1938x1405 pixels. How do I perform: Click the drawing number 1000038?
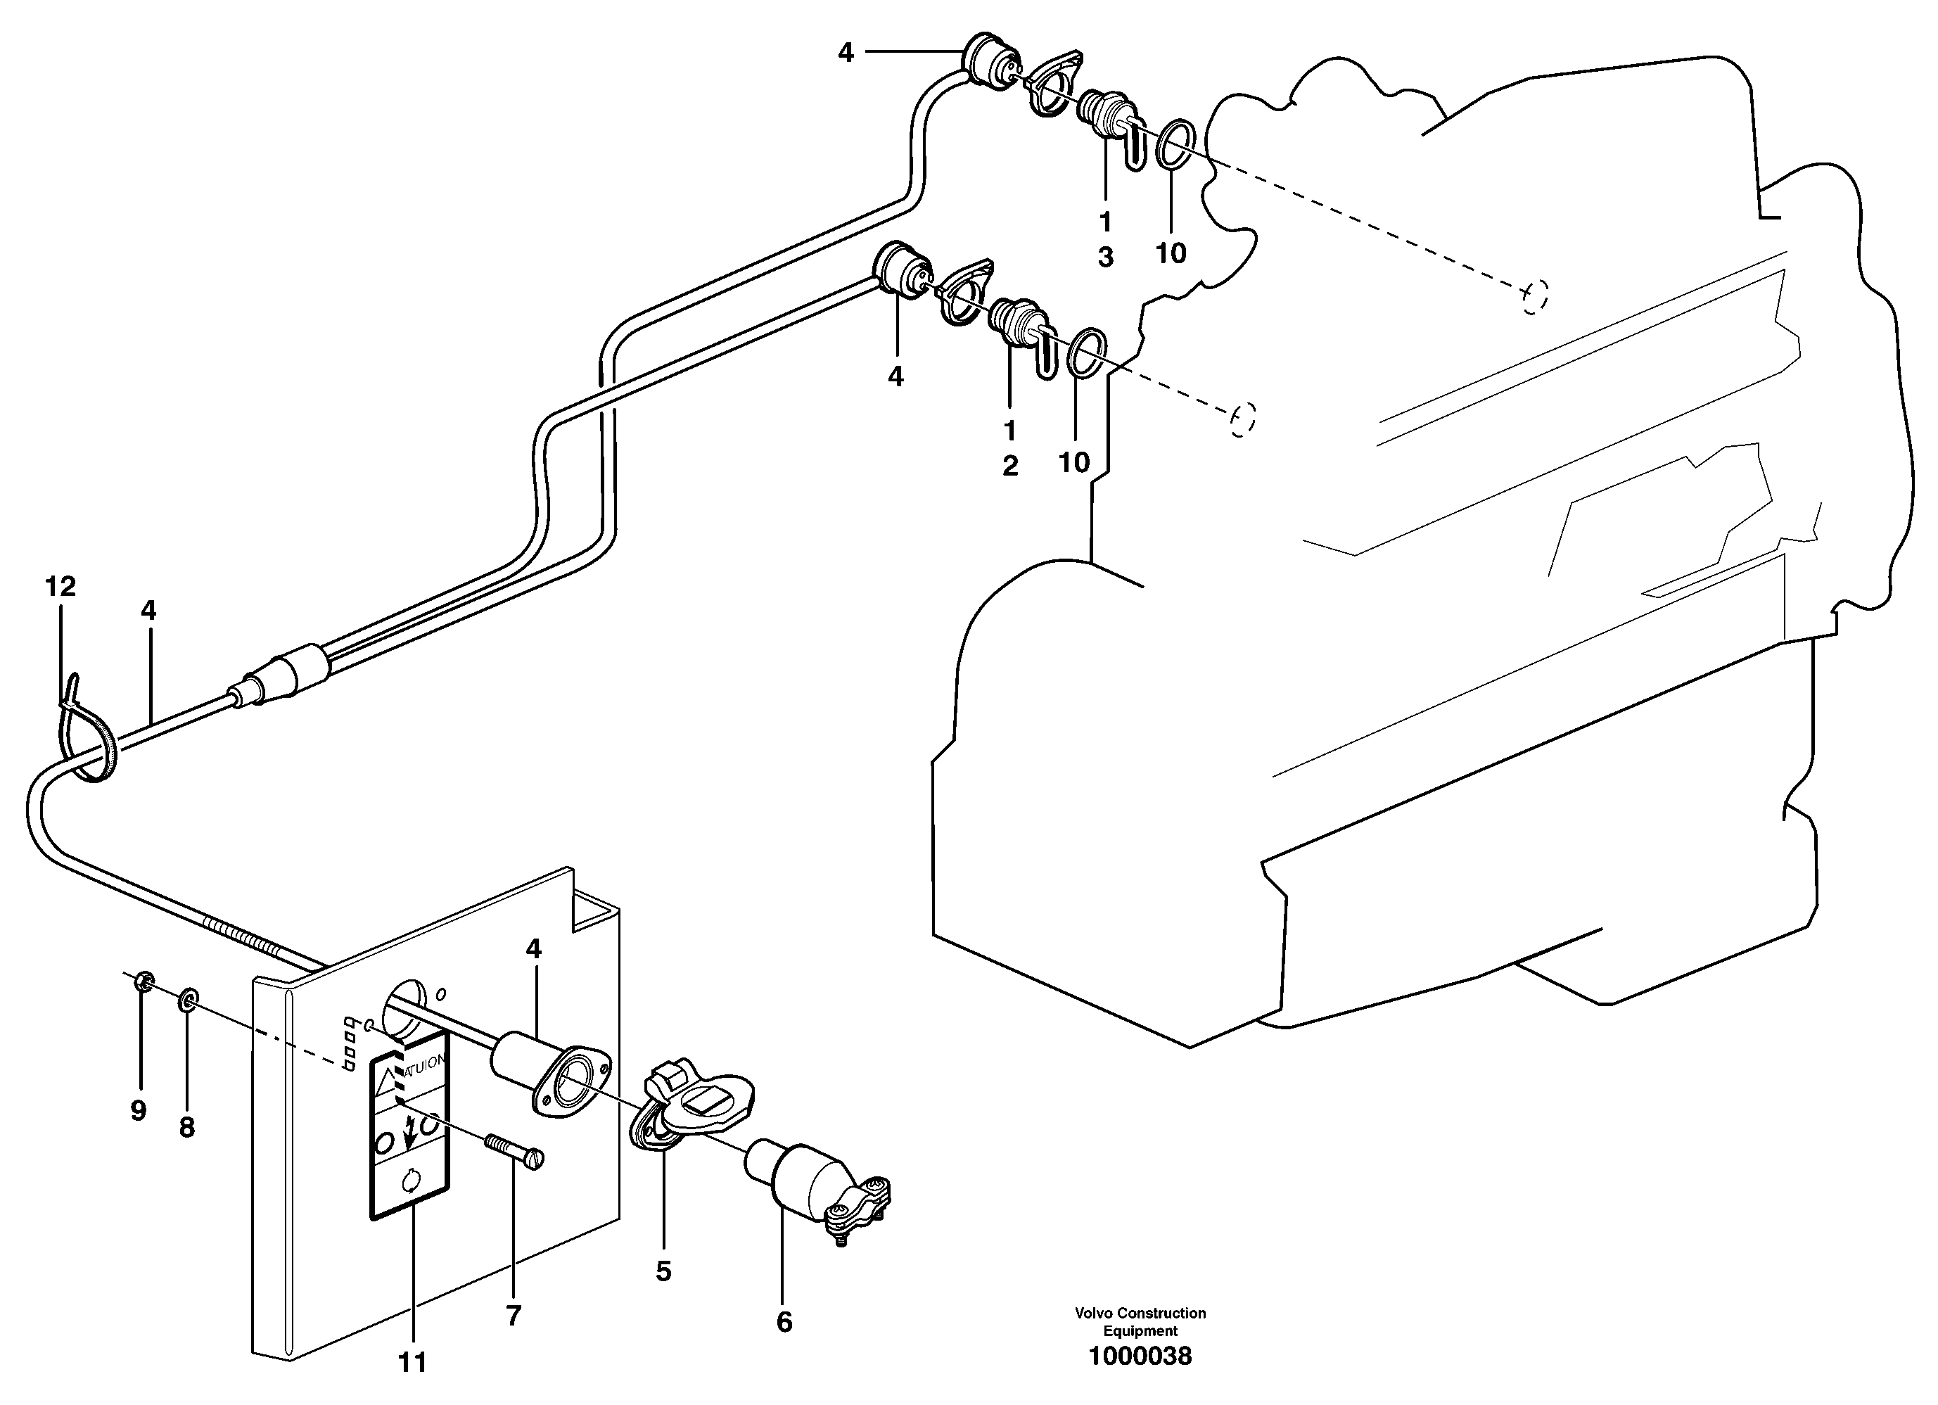click(x=1139, y=1356)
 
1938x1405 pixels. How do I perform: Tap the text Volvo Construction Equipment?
click(x=1140, y=1321)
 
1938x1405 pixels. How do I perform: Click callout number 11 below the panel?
click(x=413, y=1362)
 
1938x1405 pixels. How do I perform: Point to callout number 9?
click(x=139, y=1111)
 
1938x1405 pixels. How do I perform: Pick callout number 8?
click(x=187, y=1127)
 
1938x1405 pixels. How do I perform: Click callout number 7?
click(x=513, y=1315)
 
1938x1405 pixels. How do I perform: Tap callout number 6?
click(x=784, y=1322)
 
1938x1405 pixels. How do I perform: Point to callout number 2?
click(x=1010, y=466)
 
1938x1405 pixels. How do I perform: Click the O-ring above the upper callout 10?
click(x=1175, y=143)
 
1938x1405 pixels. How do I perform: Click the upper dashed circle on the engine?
click(x=1535, y=297)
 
